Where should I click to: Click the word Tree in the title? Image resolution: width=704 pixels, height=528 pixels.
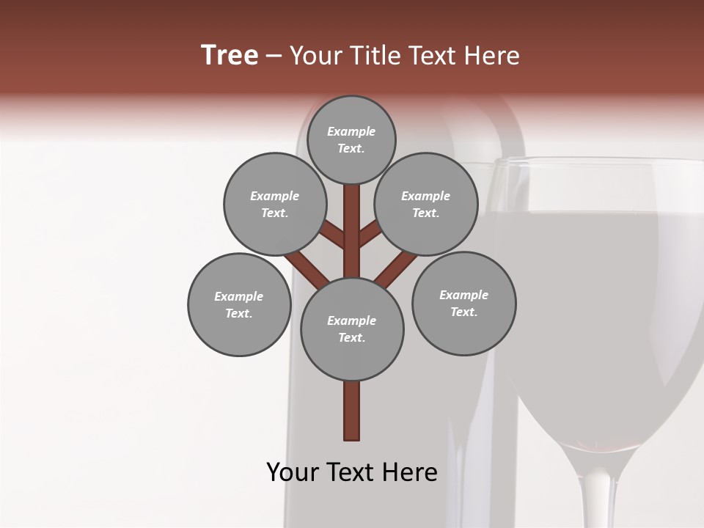[230, 56]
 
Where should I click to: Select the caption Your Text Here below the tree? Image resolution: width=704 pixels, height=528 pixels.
[351, 472]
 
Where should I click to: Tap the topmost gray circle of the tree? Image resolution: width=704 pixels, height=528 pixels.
[351, 139]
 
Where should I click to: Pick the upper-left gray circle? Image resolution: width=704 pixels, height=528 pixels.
[274, 204]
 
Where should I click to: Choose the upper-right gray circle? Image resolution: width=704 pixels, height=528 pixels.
[426, 204]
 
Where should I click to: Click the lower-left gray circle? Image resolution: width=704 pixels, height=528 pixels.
[239, 304]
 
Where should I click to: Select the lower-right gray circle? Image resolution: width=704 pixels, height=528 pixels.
[463, 303]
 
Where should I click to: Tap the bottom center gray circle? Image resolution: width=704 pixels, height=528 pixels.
[352, 329]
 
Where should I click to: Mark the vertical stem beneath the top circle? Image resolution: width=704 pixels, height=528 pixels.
[352, 220]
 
